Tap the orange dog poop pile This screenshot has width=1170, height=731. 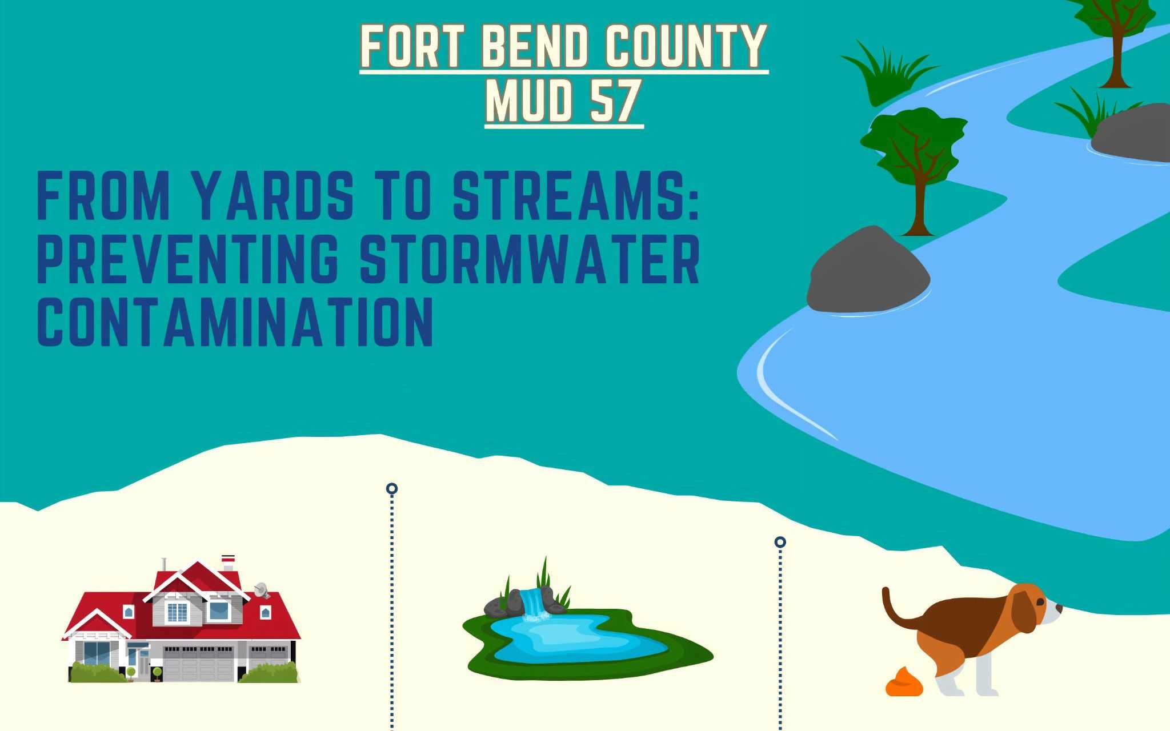[904, 681]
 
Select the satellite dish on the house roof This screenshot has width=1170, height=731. [262, 589]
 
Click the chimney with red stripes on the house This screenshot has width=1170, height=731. [228, 561]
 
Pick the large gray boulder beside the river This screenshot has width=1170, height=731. [868, 271]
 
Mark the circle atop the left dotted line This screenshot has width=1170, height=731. [391, 489]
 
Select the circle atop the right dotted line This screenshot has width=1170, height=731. [780, 542]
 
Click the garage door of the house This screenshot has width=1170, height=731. [198, 664]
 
